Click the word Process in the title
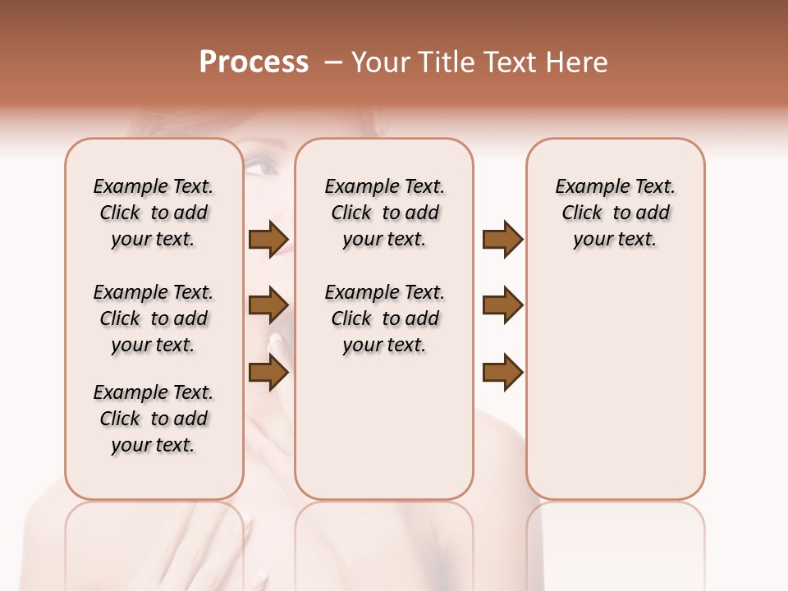pyautogui.click(x=254, y=62)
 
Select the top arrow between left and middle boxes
pyautogui.click(x=268, y=240)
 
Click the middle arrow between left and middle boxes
pyautogui.click(x=268, y=306)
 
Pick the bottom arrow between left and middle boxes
pyautogui.click(x=268, y=373)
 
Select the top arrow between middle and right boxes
pyautogui.click(x=502, y=240)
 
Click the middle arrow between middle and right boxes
pyautogui.click(x=502, y=306)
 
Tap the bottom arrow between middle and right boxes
pyautogui.click(x=502, y=373)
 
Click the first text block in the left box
pyautogui.click(x=153, y=213)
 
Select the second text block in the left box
pyautogui.click(x=153, y=318)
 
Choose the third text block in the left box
pyautogui.click(x=153, y=419)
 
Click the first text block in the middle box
pyautogui.click(x=384, y=213)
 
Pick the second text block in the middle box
pyautogui.click(x=384, y=318)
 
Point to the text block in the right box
pyautogui.click(x=615, y=213)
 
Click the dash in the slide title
pyautogui.click(x=333, y=62)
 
